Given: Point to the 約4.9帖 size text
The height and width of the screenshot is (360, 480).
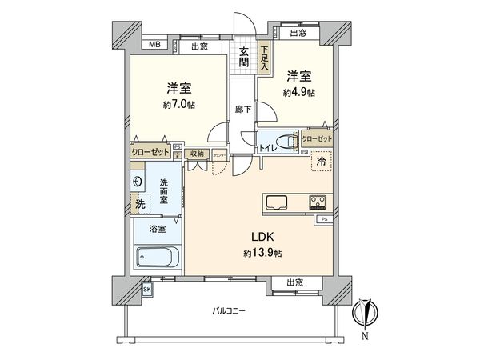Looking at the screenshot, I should [298, 93].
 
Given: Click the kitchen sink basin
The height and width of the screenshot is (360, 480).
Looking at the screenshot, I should [275, 201].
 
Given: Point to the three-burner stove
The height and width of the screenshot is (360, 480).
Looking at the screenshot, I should [317, 201].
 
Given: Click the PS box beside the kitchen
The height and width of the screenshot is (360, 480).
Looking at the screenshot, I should [324, 218].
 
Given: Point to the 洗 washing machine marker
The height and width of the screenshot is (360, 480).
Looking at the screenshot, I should [140, 204].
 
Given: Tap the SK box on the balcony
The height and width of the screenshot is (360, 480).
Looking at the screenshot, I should [147, 289].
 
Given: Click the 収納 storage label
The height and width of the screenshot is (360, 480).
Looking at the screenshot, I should [197, 154].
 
